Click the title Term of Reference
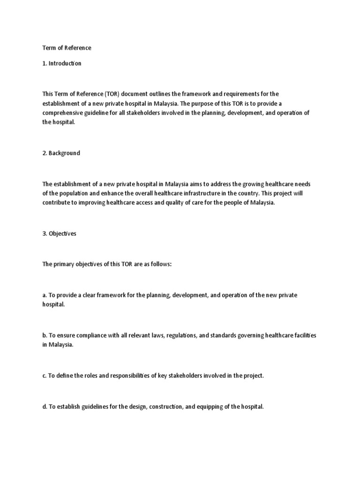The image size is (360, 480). point(67,48)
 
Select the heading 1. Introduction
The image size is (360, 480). point(62,63)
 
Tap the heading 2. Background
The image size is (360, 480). point(61,153)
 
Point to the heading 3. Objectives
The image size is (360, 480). point(59,234)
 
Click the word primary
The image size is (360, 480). point(65,264)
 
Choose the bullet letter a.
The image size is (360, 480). point(44,295)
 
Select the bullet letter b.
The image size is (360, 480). point(44,335)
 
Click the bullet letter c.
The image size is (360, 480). point(44,376)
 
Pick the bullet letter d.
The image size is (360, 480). point(44,407)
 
